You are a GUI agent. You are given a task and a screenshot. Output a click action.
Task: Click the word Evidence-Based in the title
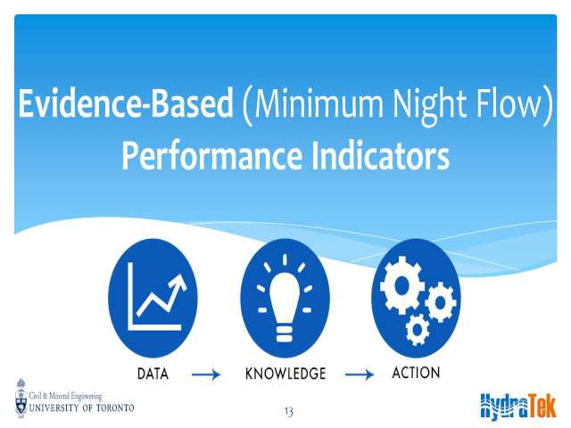coord(126,103)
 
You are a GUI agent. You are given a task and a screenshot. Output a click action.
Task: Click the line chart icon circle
coord(153,298)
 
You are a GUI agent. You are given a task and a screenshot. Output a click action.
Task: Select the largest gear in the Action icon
coord(401,285)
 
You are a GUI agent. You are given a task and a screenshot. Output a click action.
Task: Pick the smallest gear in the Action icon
coord(418,330)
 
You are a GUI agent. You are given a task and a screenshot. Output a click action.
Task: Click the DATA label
coord(153,374)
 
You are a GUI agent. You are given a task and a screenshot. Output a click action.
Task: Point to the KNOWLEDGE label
coord(285,374)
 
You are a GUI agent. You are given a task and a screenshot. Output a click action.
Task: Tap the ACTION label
coord(416,373)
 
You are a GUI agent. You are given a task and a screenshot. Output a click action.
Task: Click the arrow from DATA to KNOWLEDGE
coord(206,374)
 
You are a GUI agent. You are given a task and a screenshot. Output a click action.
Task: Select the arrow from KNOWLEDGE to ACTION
coord(360,374)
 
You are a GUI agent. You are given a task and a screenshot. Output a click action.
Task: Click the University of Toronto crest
coord(21,399)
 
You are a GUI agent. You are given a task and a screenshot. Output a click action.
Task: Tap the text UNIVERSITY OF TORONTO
coord(81,407)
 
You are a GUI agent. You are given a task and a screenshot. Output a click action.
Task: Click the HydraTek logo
coord(518,407)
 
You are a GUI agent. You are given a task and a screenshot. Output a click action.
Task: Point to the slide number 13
coord(288,412)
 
